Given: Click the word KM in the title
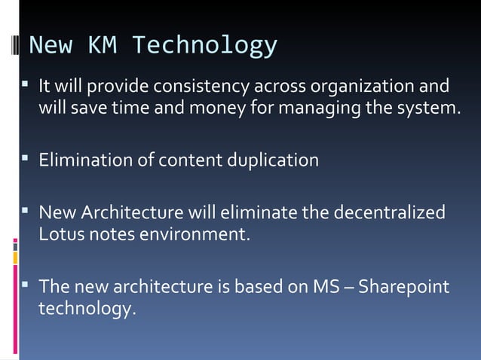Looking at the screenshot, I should pos(102,46).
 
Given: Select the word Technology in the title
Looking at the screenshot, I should pos(204,47).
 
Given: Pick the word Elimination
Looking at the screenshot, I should pos(84,160).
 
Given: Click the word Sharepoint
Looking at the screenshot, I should pos(408,286).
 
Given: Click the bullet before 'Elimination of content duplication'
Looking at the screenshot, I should pos(26,159).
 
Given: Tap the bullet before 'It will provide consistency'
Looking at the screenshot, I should pos(26,85).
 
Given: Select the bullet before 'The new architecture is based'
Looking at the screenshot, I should pos(26,285).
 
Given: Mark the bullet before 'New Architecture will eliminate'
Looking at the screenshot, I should pos(26,211).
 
